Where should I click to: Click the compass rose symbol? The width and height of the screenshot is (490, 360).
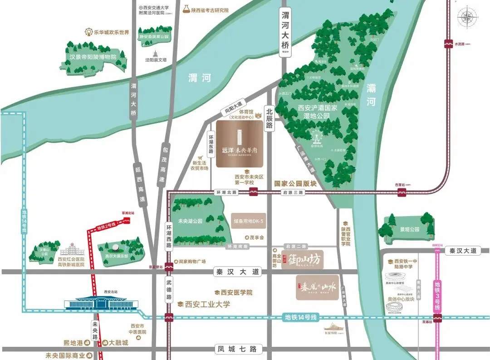tap(467, 19)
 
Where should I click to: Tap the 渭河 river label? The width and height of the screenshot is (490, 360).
tap(200, 78)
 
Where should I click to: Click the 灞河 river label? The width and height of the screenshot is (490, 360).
tap(372, 95)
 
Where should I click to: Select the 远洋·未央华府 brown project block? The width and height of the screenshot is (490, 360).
tap(240, 144)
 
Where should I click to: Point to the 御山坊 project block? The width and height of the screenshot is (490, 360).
tap(303, 260)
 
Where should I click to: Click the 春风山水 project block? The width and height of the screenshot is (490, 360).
tap(317, 287)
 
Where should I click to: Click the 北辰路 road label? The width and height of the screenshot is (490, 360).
tap(269, 118)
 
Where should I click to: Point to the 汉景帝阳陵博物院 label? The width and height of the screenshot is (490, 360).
tap(93, 57)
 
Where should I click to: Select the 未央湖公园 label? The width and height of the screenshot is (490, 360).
tap(190, 220)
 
